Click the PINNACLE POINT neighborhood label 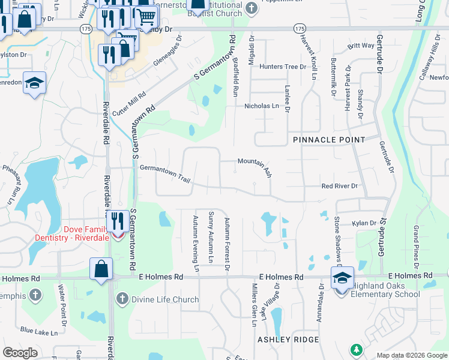(x=329, y=140)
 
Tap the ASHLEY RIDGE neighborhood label (x=288, y=340)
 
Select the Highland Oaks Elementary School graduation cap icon (x=342, y=278)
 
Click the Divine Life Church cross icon (x=122, y=299)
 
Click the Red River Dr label (x=339, y=186)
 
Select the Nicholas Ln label (x=262, y=106)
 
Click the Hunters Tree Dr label (x=282, y=67)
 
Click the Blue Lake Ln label (x=38, y=331)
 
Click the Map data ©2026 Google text (x=412, y=355)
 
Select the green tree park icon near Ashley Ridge (x=357, y=349)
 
